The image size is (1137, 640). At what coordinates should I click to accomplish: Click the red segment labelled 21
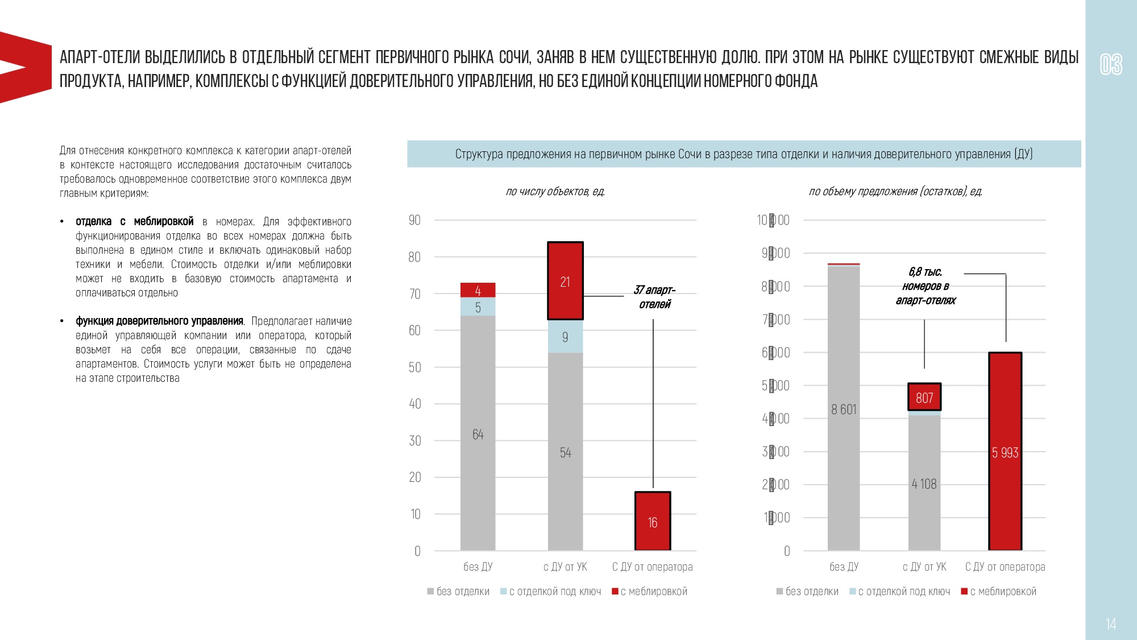pyautogui.click(x=565, y=281)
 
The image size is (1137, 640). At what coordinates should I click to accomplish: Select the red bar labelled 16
pyautogui.click(x=653, y=521)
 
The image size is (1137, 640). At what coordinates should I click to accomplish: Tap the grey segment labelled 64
pyautogui.click(x=478, y=433)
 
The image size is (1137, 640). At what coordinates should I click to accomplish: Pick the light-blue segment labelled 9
pyautogui.click(x=565, y=337)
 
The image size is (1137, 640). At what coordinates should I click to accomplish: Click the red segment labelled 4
pyautogui.click(x=478, y=290)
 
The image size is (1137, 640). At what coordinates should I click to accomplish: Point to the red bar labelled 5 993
pyautogui.click(x=1005, y=452)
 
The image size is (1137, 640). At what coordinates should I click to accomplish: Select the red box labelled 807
pyautogui.click(x=924, y=397)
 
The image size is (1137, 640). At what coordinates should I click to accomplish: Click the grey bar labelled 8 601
pyautogui.click(x=844, y=408)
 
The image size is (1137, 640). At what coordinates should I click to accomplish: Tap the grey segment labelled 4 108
pyautogui.click(x=924, y=483)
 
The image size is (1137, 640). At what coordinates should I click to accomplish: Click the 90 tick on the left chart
pyautogui.click(x=414, y=220)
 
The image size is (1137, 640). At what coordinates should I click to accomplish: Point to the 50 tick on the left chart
pyautogui.click(x=414, y=368)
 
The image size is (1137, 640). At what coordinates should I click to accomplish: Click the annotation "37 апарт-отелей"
pyautogui.click(x=655, y=297)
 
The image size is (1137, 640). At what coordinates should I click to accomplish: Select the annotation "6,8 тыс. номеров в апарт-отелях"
pyautogui.click(x=926, y=286)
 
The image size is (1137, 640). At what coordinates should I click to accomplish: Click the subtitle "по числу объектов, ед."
pyautogui.click(x=555, y=192)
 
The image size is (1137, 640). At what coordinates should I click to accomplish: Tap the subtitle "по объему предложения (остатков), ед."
pyautogui.click(x=895, y=192)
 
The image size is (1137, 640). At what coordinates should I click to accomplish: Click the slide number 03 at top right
pyautogui.click(x=1111, y=64)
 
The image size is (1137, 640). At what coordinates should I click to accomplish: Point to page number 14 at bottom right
pyautogui.click(x=1111, y=624)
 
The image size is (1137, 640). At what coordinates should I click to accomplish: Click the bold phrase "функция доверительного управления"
pyautogui.click(x=159, y=321)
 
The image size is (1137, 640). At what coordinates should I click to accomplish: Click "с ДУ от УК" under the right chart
pyautogui.click(x=924, y=567)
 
